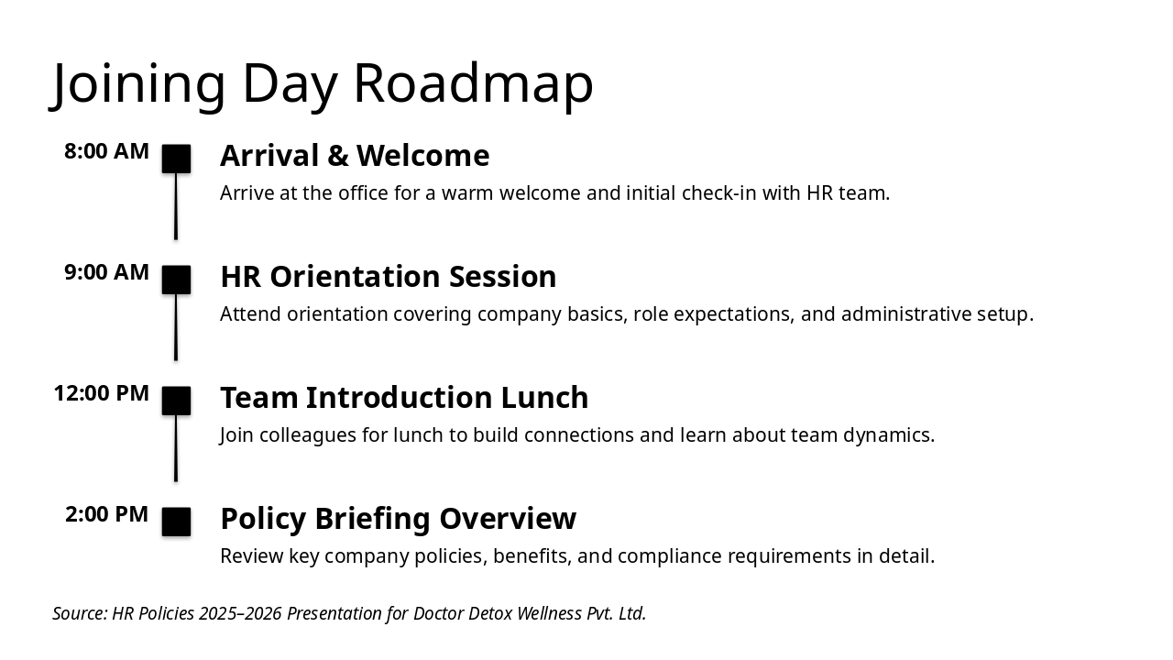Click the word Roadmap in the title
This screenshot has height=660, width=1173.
(x=474, y=82)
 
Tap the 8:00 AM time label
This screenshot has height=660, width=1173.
(x=107, y=151)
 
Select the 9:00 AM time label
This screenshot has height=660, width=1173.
(x=107, y=272)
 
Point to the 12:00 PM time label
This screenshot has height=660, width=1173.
(x=102, y=393)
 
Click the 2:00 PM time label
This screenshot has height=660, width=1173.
(x=107, y=514)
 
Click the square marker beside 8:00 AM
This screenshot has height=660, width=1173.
(x=176, y=159)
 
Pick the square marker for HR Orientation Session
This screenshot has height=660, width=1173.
(x=176, y=280)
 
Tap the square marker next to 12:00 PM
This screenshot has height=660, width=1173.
(x=176, y=401)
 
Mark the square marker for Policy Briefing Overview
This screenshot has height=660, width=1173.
(x=176, y=522)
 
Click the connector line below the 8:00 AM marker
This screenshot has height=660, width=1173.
(x=176, y=206)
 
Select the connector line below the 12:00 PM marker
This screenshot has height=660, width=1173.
(x=176, y=448)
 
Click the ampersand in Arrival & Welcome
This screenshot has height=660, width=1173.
(x=338, y=156)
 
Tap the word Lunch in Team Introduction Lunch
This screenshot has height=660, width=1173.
(x=544, y=398)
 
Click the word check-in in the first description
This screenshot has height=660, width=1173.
(x=719, y=193)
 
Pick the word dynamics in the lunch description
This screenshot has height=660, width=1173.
(x=889, y=435)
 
